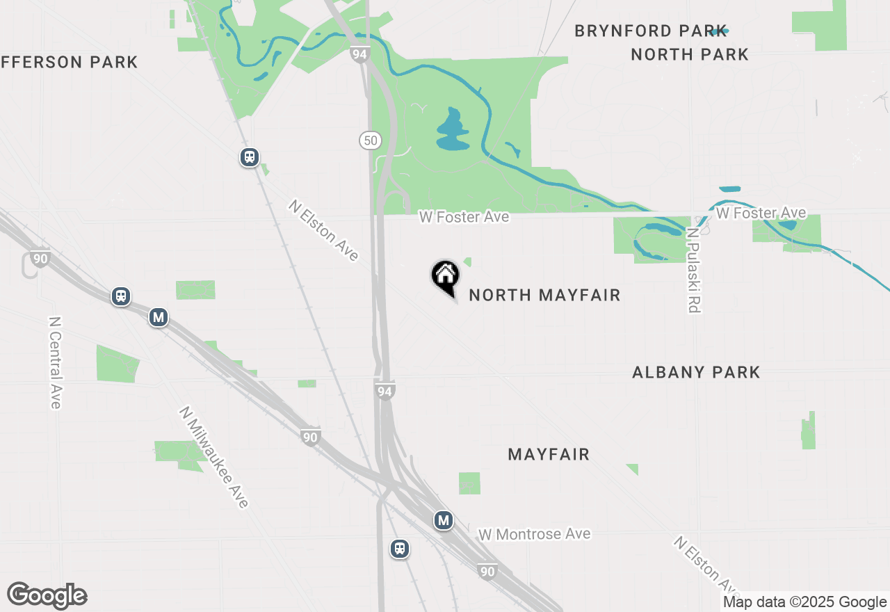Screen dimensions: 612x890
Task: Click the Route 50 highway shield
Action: [371, 140]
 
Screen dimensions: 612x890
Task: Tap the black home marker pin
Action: [445, 276]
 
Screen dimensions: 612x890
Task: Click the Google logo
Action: [47, 596]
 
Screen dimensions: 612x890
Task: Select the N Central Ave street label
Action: [56, 362]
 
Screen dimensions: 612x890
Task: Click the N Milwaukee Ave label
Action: [213, 457]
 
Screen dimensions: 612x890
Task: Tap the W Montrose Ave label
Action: [534, 534]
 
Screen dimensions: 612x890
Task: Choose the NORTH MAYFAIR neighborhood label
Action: [544, 296]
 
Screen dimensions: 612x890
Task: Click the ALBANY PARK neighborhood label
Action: [696, 372]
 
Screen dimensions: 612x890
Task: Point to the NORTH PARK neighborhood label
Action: [690, 54]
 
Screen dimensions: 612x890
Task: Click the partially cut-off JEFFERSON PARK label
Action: [69, 62]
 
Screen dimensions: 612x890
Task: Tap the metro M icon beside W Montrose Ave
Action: [444, 520]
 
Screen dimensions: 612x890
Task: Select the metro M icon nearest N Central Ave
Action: [159, 318]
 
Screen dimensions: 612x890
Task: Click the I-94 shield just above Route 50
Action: [359, 54]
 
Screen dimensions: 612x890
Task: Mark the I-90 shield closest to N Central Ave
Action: [40, 259]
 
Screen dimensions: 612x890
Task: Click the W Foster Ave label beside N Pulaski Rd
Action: [761, 213]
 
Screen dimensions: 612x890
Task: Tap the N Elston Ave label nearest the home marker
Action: [324, 231]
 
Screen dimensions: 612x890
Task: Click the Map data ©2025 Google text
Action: [804, 602]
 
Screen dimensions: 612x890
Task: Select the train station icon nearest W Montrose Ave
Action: [399, 548]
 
